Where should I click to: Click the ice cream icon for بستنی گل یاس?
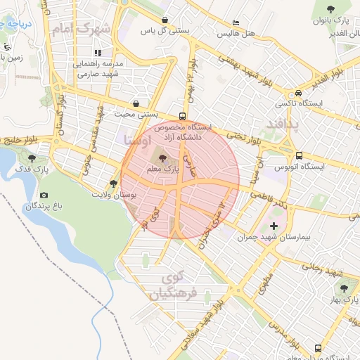165,20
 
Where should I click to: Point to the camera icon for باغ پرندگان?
44,195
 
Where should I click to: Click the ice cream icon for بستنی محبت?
136,103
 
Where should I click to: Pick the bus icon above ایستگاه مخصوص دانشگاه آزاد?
183,116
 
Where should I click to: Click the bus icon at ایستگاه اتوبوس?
300,155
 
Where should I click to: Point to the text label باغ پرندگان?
40,207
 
